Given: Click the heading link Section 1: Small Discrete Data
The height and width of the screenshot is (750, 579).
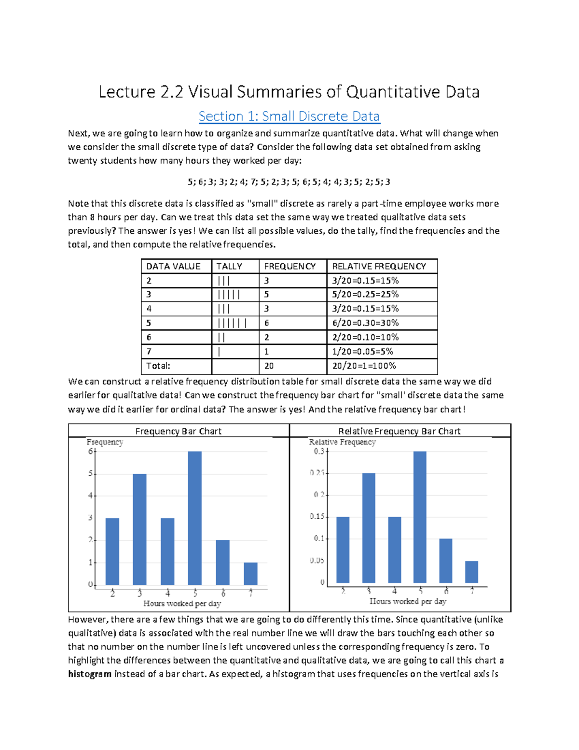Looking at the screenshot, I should [289, 116].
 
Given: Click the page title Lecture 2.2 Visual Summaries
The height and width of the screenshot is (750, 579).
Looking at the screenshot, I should [289, 92].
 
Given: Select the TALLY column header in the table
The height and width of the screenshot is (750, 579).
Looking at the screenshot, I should [229, 267].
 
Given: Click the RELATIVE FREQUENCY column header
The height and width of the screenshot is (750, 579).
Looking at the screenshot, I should [379, 267].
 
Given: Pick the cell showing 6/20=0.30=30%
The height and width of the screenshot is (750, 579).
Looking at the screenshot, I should [365, 323].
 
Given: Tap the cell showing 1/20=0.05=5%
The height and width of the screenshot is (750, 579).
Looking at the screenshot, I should [362, 352].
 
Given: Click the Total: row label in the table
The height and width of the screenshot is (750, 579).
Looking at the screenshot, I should [158, 366].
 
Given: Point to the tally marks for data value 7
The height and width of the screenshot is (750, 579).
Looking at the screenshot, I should [220, 352].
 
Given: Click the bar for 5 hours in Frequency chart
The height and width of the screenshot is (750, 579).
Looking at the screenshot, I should [195, 518].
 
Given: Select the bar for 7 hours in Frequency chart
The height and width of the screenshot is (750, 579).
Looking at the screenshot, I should [250, 574].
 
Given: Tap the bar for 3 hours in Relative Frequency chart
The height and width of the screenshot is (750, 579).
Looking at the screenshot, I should [369, 528].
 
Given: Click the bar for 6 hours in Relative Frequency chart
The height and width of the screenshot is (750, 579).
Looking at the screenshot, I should [446, 561].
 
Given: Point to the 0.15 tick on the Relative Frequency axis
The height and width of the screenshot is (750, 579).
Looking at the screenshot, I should [317, 517].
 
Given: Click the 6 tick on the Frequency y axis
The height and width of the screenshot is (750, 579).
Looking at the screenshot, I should [90, 452].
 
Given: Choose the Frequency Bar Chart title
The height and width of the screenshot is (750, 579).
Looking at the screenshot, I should [179, 431].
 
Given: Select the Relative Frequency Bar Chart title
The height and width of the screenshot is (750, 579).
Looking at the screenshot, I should [400, 431].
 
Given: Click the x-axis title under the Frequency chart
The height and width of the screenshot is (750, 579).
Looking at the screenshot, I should [182, 604].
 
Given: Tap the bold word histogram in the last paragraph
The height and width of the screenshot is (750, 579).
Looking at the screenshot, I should [90, 674].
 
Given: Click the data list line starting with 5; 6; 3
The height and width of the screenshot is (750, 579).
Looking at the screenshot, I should [289, 182].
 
